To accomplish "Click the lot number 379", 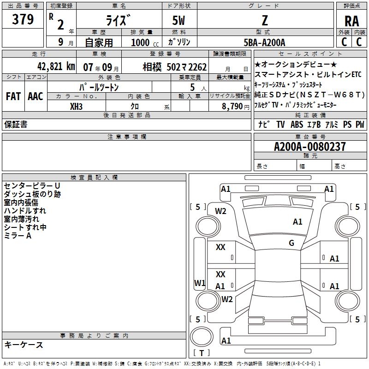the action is coord(23,20).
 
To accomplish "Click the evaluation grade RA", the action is coord(351,21).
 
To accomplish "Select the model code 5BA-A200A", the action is coord(264,42).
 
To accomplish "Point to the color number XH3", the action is coord(77,106).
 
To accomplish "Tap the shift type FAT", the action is coord(13,96).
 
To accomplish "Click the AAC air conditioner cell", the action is coord(35,96).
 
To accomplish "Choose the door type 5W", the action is coord(179,21).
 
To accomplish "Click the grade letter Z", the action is coord(265,21).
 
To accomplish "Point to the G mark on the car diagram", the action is coord(292,243).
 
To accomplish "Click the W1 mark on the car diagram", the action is coord(199,283).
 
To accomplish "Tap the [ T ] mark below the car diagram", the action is coord(202,353).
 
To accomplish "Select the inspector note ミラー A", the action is coord(18,235).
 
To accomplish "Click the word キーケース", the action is coord(24,345).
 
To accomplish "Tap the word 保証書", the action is coord(16,125).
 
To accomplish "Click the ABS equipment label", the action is coord(297,125).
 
